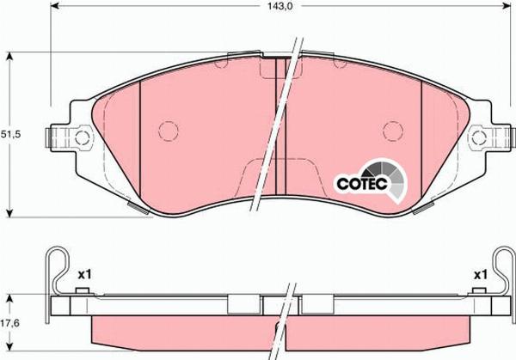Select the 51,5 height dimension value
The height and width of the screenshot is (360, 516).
coord(10,134)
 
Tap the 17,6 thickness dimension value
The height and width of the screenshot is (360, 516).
coord(9,323)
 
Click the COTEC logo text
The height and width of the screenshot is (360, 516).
coord(362,184)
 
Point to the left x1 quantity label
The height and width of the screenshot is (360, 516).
coord(84,275)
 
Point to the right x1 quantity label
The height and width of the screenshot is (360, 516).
coord(480,275)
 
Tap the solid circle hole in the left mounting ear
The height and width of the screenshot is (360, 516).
coord(83,138)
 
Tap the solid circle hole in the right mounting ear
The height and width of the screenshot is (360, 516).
coord(479,138)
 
